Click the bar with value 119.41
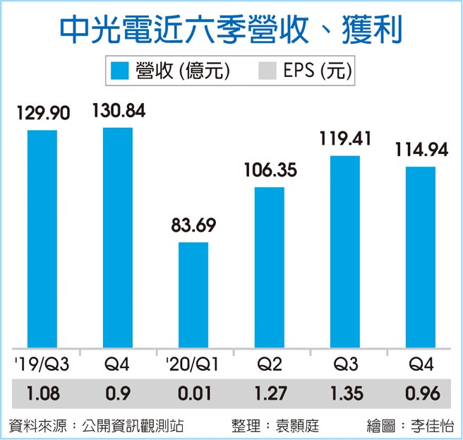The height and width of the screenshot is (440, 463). [x=344, y=251]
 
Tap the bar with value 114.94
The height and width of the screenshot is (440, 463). [x=420, y=257]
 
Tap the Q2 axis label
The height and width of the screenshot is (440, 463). [x=269, y=365]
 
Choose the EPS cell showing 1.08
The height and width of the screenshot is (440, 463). [x=42, y=392]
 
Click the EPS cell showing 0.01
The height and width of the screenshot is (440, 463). [x=193, y=392]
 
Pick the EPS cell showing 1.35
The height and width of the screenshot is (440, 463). [x=344, y=392]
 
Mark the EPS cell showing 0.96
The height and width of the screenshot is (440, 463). [x=420, y=392]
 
